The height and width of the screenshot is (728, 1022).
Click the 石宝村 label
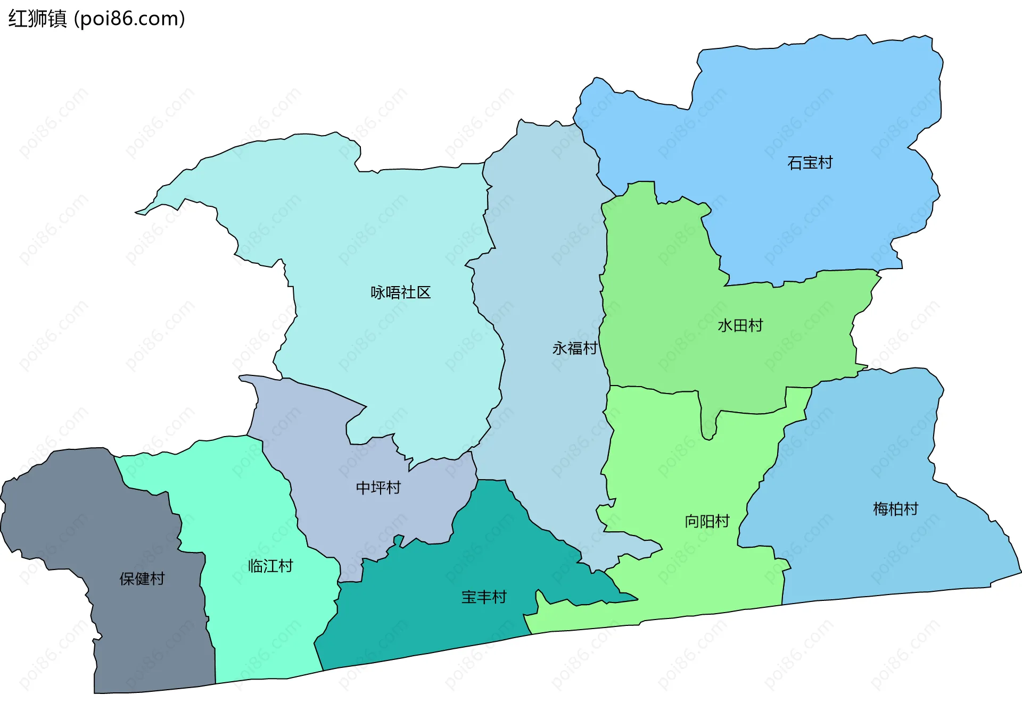pyautogui.click(x=810, y=163)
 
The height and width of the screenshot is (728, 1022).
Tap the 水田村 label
pyautogui.click(x=740, y=325)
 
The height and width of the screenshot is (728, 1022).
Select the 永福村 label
pyautogui.click(x=574, y=348)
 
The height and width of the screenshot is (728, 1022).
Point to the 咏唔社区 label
pyautogui.click(x=400, y=292)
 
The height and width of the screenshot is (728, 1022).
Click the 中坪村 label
pyautogui.click(x=378, y=488)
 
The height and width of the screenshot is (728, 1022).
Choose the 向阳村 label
pyautogui.click(x=707, y=521)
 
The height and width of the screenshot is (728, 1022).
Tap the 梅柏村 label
pyautogui.click(x=895, y=509)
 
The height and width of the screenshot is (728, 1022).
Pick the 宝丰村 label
pyautogui.click(x=483, y=597)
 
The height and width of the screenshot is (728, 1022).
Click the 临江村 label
pyautogui.click(x=270, y=566)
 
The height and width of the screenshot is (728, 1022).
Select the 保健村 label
pyautogui.click(x=142, y=579)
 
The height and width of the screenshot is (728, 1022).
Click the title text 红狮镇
pyautogui.click(x=37, y=19)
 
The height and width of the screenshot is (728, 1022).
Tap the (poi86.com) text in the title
pyautogui.click(x=129, y=19)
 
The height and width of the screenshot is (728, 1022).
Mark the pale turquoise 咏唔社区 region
pyautogui.click(x=373, y=223)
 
